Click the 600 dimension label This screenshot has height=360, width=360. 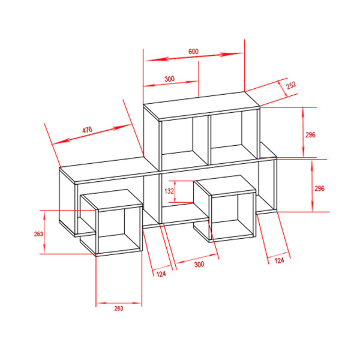point(193,52)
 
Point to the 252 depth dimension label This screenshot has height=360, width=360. point(291,85)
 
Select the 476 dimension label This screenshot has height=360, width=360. point(87,130)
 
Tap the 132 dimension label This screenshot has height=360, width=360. point(169,191)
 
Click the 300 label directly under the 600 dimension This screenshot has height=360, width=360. point(169,79)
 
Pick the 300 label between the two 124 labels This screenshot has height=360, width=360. point(199,264)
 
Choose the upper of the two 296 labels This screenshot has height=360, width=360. point(310,135)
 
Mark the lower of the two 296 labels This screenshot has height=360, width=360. point(319,188)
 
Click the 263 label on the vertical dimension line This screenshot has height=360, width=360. point(38,234)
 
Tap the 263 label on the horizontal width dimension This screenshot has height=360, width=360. point(119,308)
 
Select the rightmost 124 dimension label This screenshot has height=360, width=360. point(279,260)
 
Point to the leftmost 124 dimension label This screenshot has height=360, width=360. point(161,274)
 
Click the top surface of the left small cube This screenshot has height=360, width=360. point(112,199)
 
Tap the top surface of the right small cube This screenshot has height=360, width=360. point(225,185)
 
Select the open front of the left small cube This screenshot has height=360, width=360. point(119,230)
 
